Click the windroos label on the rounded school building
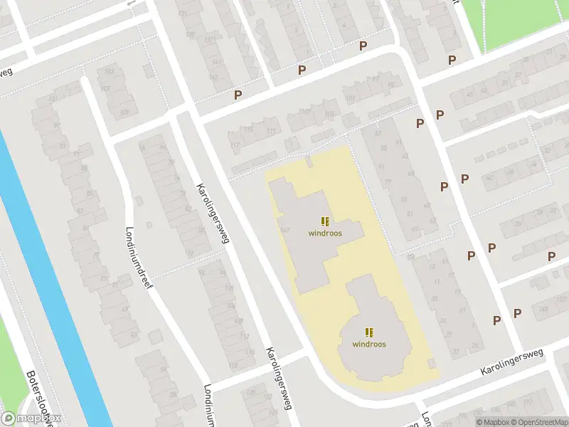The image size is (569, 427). pos(369,344)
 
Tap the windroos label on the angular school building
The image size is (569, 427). pos(324,233)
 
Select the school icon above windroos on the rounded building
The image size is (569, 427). pos(369,332)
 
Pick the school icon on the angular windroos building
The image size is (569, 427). pos(324,221)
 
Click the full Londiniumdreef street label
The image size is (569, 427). pos(139,252)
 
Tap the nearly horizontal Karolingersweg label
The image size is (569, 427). pos(512,361)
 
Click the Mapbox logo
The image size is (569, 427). pos(31,418)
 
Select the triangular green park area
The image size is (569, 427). pos(523,21)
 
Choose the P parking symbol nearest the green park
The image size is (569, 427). pos(452,60)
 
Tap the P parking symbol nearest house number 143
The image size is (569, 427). pos(238,94)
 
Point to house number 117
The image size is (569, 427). pos(235,145)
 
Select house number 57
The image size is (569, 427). pos(378,134)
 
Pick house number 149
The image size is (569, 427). pos(544,308)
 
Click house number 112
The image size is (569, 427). pos(233,366)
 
